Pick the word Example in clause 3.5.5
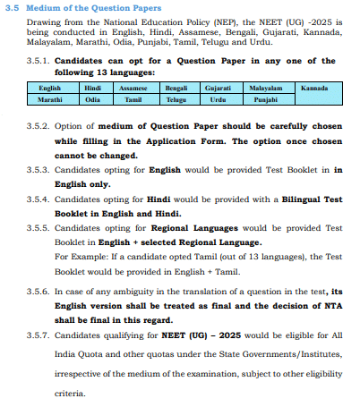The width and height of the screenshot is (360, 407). tap(83, 257)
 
